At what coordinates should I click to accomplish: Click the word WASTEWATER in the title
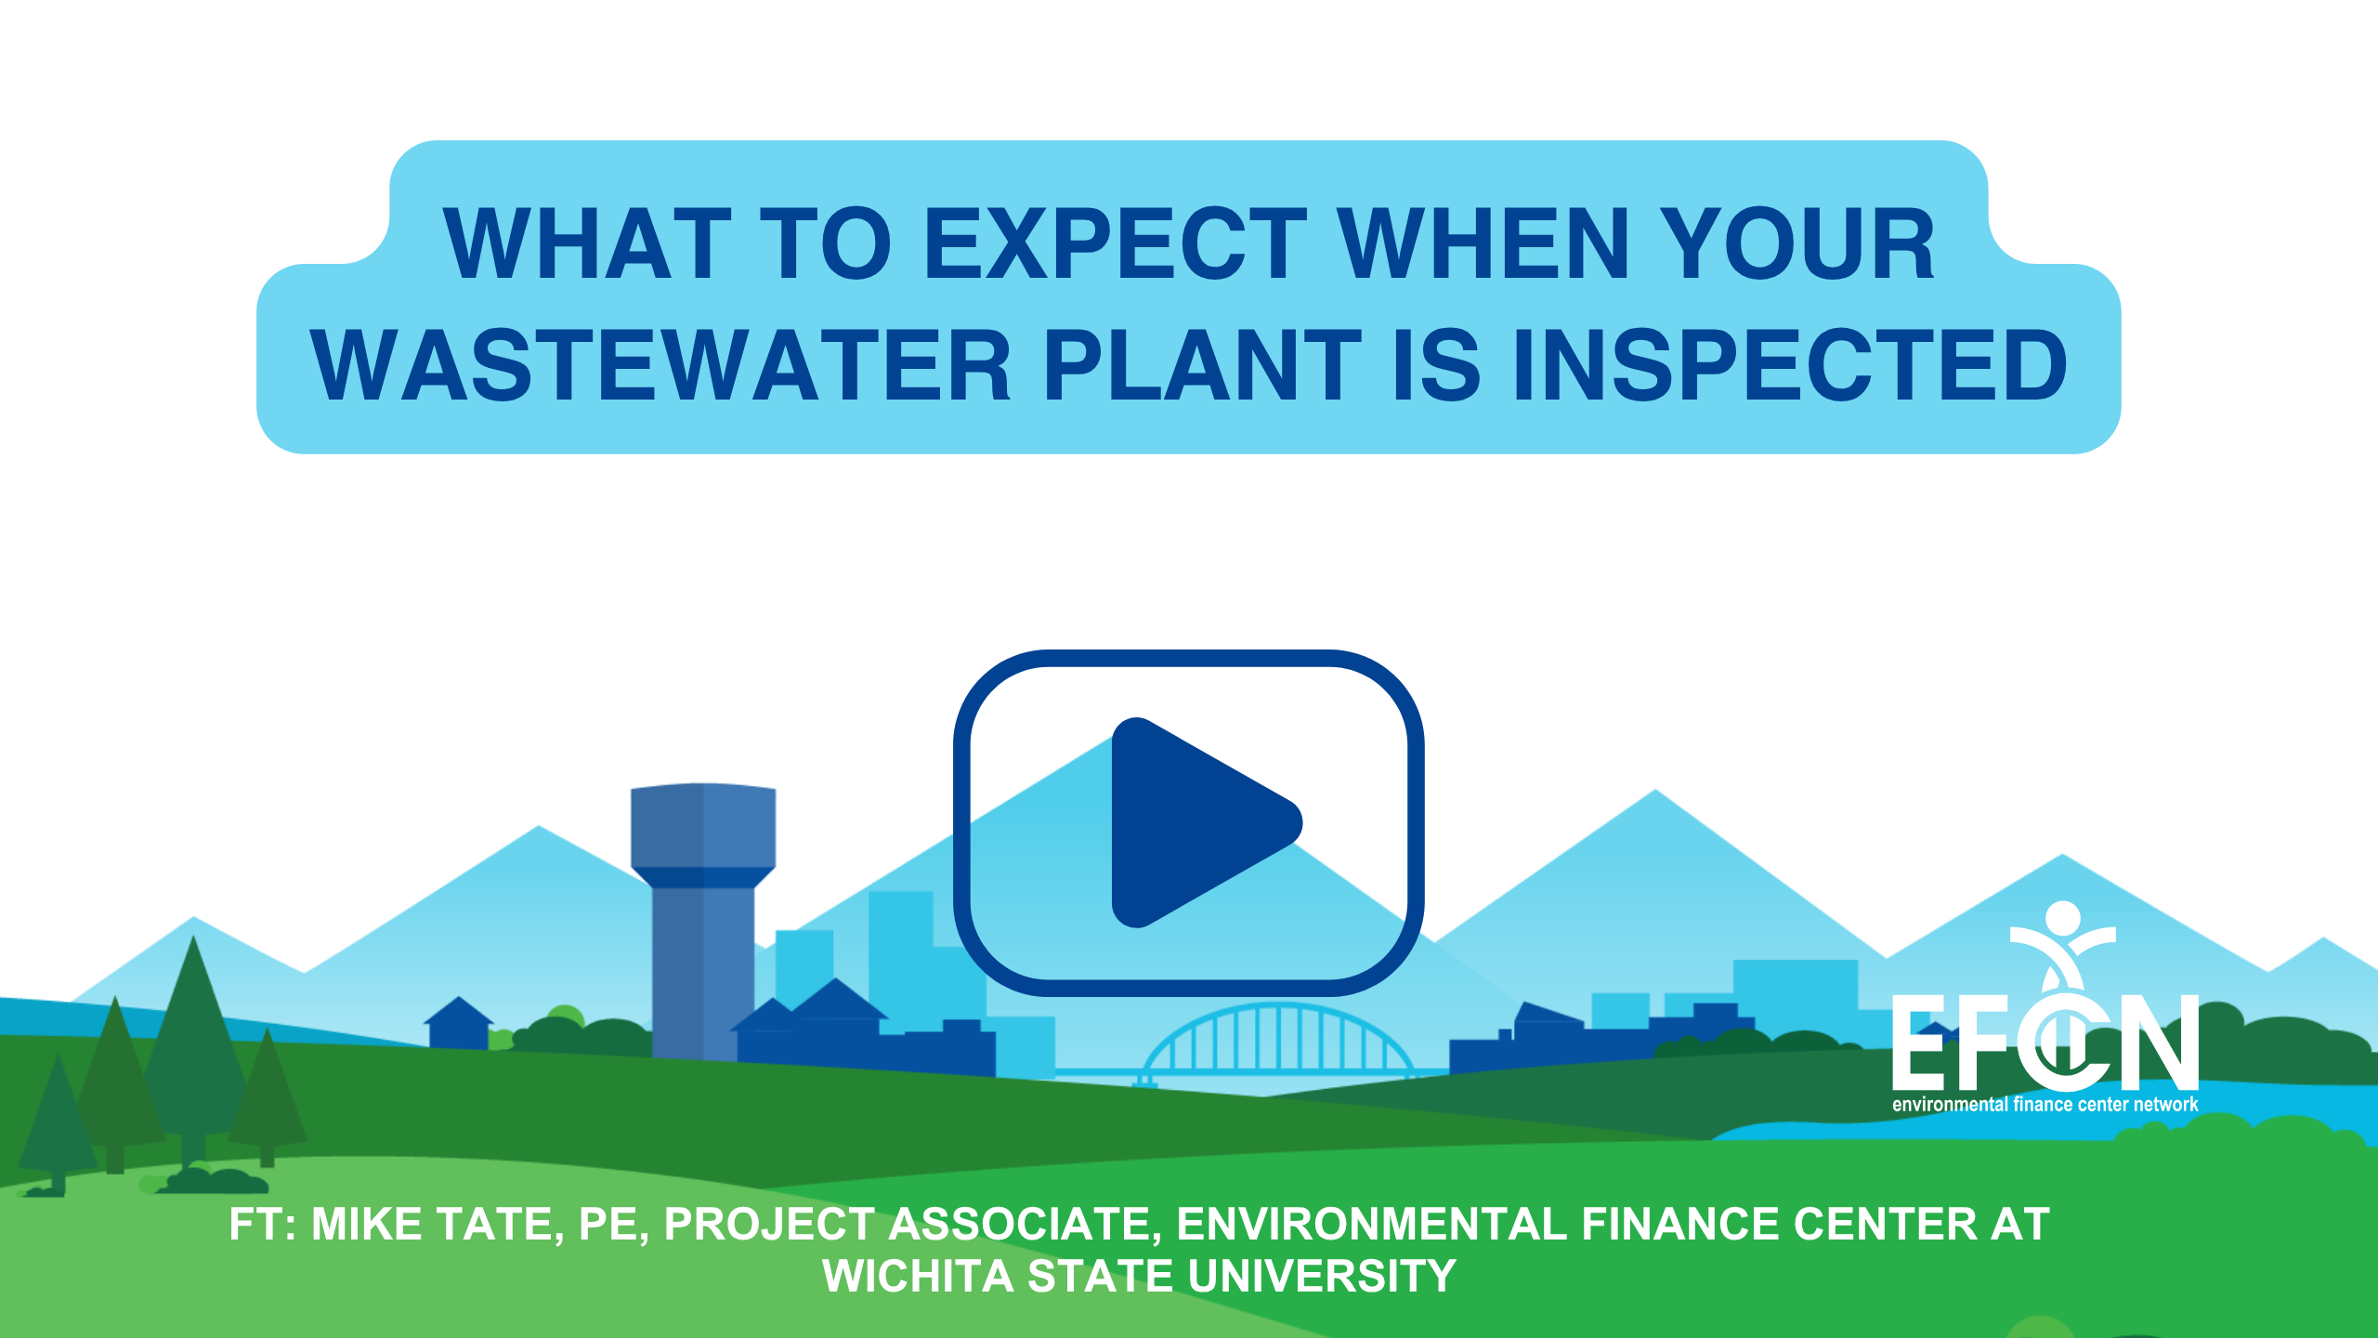660,366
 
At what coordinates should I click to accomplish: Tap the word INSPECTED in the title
1789,366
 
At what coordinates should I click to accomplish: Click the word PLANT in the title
1203,366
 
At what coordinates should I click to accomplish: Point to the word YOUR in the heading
1797,243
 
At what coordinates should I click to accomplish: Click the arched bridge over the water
1278,1041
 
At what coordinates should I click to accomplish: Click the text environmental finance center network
2045,1105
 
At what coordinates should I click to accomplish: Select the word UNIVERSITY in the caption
1322,1277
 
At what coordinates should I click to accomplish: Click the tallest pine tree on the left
193,1050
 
